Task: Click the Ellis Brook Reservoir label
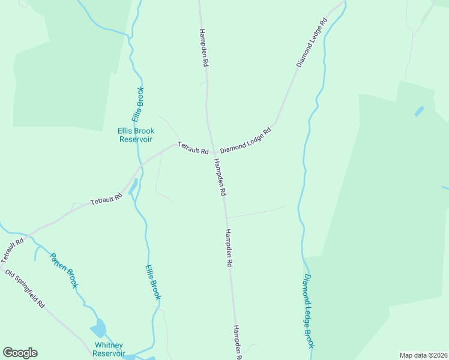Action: click(x=136, y=135)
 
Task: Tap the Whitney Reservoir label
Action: click(x=109, y=349)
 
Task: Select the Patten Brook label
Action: click(x=63, y=270)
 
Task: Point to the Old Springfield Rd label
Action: click(x=25, y=289)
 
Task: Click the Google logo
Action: click(x=20, y=353)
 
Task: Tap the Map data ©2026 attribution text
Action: click(x=423, y=355)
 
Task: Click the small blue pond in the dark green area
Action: click(x=419, y=111)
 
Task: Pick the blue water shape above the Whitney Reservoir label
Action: click(x=98, y=328)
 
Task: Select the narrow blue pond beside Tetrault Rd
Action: click(x=133, y=185)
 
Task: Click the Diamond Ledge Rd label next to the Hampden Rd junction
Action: click(x=246, y=140)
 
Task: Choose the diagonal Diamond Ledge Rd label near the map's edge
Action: click(x=312, y=42)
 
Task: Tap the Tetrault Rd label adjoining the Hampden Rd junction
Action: click(x=193, y=148)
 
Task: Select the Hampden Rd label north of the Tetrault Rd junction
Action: click(x=203, y=47)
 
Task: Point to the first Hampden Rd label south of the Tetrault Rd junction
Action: click(x=220, y=178)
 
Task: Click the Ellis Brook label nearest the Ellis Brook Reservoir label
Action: click(x=139, y=104)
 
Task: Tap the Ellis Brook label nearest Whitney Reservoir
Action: click(x=154, y=282)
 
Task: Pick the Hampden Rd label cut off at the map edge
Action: click(x=237, y=342)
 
